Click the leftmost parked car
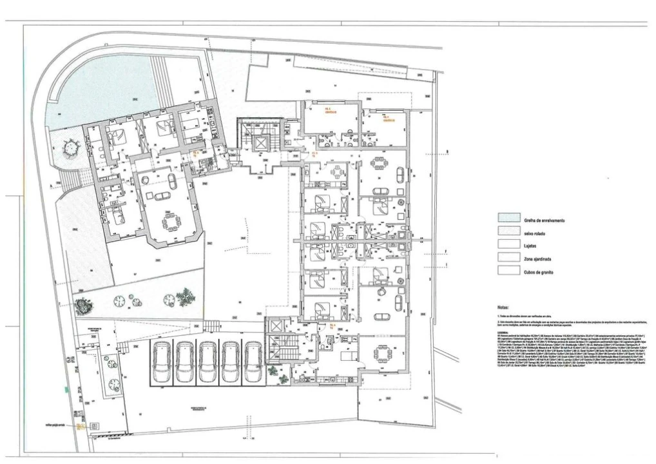coord(161,363)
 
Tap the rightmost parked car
coord(254,363)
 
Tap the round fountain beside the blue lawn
coord(69,148)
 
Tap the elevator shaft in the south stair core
coord(276,326)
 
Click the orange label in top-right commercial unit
coord(387,119)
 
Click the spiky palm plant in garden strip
coord(186,296)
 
